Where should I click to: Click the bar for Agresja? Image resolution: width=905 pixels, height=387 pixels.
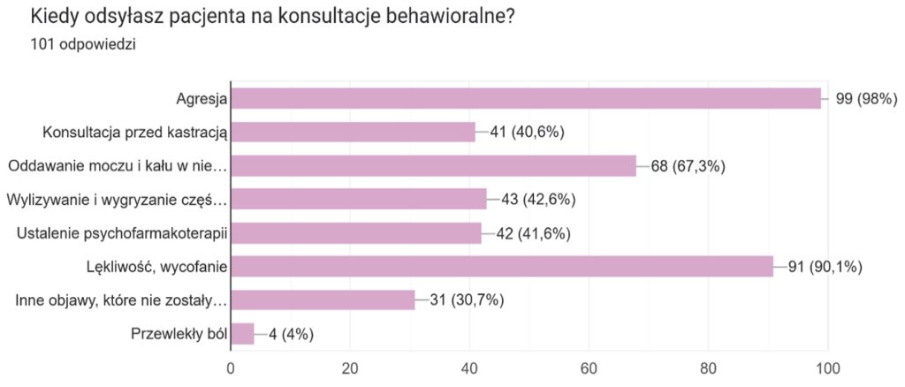coord(526,99)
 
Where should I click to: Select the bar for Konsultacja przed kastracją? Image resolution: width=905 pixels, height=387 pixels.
coord(354,133)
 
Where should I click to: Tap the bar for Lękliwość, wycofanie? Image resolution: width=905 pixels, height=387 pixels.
coord(502,267)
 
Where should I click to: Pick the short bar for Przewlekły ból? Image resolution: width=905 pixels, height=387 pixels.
coord(243,334)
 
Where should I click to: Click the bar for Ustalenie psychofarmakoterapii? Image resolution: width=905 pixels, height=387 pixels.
coord(356,233)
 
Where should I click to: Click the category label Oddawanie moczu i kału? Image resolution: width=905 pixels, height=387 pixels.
coord(118,166)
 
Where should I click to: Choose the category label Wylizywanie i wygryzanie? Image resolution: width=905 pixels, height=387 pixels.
coord(118,200)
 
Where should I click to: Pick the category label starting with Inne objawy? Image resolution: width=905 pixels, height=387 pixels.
coord(122,300)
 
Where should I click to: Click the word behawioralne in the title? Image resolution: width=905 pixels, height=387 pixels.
coord(433,17)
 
